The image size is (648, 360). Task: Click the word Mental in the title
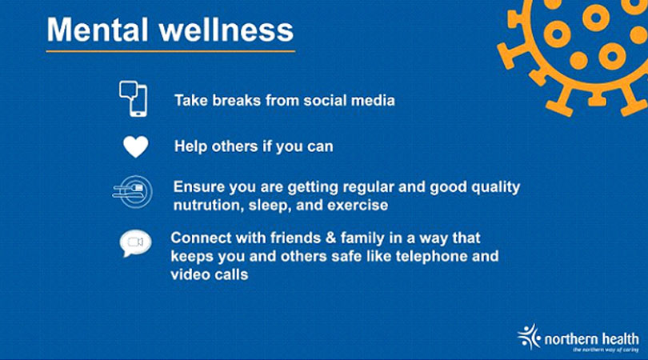(x=98, y=30)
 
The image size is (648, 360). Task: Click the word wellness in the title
(x=226, y=30)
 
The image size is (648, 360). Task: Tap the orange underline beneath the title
(x=170, y=51)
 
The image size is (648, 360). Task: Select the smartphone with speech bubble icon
(x=133, y=98)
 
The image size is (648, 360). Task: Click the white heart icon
(x=135, y=146)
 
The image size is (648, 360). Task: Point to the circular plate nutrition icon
(x=133, y=192)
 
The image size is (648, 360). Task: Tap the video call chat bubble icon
(x=135, y=243)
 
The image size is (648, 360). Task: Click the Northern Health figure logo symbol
(x=529, y=337)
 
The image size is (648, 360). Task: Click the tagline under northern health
(x=606, y=350)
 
